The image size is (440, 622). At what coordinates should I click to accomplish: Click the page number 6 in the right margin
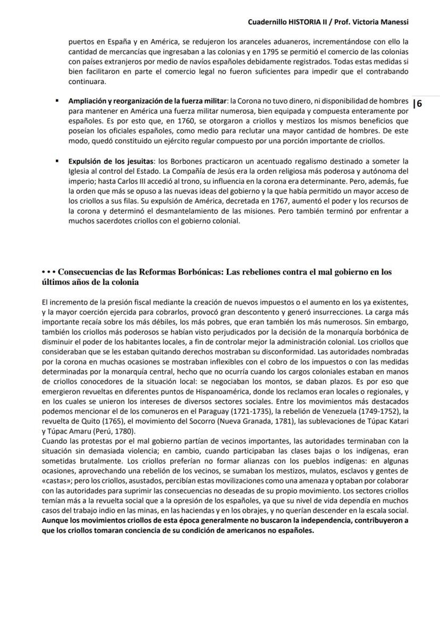click(x=419, y=103)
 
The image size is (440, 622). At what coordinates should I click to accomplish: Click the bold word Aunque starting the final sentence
click(x=55, y=520)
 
